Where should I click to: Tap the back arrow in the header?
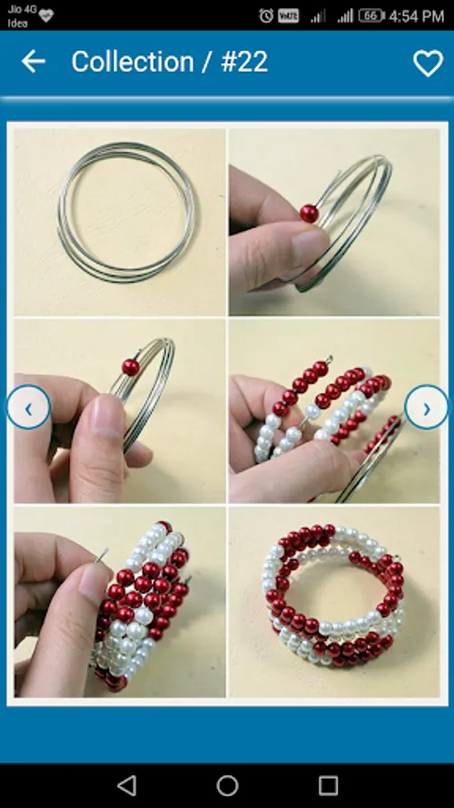pyautogui.click(x=33, y=61)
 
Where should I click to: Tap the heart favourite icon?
pyautogui.click(x=428, y=63)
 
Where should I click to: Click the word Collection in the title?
pyautogui.click(x=132, y=62)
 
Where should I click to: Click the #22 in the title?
pyautogui.click(x=245, y=62)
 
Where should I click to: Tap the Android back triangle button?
pyautogui.click(x=127, y=786)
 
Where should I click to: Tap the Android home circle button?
pyautogui.click(x=227, y=786)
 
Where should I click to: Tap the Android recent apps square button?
pyautogui.click(x=327, y=786)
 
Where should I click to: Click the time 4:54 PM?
pyautogui.click(x=416, y=16)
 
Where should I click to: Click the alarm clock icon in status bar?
pyautogui.click(x=266, y=16)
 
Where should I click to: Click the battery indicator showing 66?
pyautogui.click(x=371, y=16)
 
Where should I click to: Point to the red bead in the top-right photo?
pyautogui.click(x=310, y=214)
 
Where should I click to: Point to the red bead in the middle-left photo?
pyautogui.click(x=131, y=367)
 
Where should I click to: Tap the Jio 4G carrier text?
pyautogui.click(x=22, y=9)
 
